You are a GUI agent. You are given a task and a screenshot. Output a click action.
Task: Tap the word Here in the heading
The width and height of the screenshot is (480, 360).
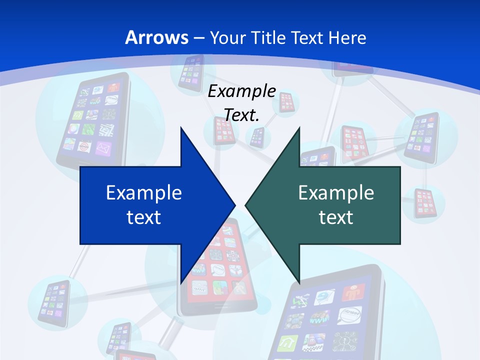[x=347, y=37]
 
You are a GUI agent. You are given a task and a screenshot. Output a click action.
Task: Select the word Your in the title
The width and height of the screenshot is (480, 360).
[x=227, y=37]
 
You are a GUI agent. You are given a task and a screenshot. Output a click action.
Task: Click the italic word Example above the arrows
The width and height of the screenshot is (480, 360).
[x=241, y=91]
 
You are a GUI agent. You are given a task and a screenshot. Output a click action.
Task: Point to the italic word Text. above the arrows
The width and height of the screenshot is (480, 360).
[x=241, y=115]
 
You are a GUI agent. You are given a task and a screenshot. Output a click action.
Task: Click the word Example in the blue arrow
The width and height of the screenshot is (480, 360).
[x=144, y=192]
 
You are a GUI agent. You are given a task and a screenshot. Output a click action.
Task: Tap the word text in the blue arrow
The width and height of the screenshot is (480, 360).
[x=144, y=217]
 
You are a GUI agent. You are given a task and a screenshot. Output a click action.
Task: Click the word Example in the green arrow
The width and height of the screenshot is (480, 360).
[x=336, y=192]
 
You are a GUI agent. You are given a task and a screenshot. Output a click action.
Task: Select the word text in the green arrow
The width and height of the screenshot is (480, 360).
[x=336, y=217]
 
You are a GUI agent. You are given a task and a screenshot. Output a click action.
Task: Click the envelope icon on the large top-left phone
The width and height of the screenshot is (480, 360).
[x=103, y=148]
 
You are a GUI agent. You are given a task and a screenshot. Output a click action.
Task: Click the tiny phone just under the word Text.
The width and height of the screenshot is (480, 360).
[x=257, y=136]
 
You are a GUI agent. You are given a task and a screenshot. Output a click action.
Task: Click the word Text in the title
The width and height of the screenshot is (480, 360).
[x=308, y=37]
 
